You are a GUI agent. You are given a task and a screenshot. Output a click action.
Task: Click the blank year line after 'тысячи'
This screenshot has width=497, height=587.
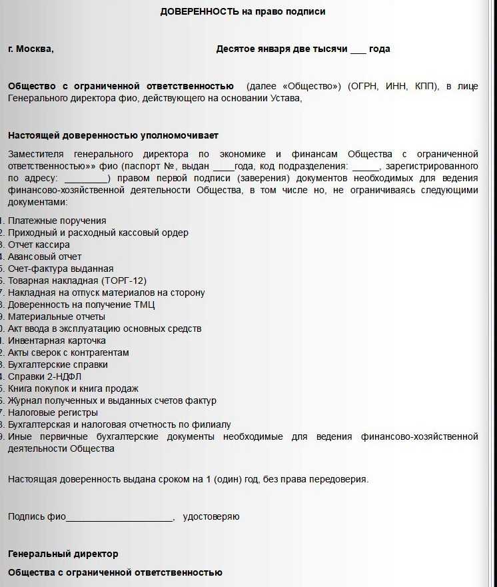[358, 49]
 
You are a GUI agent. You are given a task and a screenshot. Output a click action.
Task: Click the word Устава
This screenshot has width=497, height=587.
[284, 98]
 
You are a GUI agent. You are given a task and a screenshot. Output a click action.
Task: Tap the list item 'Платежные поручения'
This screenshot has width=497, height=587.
[57, 221]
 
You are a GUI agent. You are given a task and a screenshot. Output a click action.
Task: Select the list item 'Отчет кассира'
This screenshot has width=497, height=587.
[39, 245]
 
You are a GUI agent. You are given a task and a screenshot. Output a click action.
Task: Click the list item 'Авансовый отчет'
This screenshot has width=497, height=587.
[45, 257]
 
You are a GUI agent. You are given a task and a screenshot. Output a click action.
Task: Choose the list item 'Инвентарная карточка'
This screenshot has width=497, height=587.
[57, 340]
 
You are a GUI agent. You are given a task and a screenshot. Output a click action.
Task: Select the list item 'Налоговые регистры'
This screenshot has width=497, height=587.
[53, 412]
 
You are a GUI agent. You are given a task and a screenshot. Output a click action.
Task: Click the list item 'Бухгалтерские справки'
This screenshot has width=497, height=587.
[57, 364]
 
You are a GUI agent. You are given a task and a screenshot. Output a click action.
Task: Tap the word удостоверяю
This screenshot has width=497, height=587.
[211, 516]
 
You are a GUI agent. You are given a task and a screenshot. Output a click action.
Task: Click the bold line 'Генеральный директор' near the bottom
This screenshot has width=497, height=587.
[63, 554]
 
